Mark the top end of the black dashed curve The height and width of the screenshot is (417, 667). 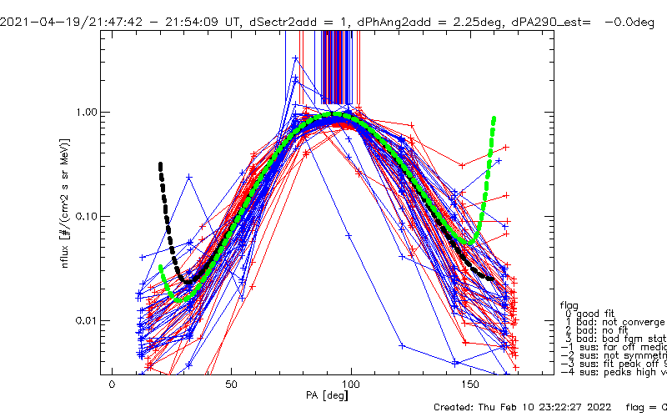(160, 164)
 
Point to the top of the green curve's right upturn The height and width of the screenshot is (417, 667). (494, 119)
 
